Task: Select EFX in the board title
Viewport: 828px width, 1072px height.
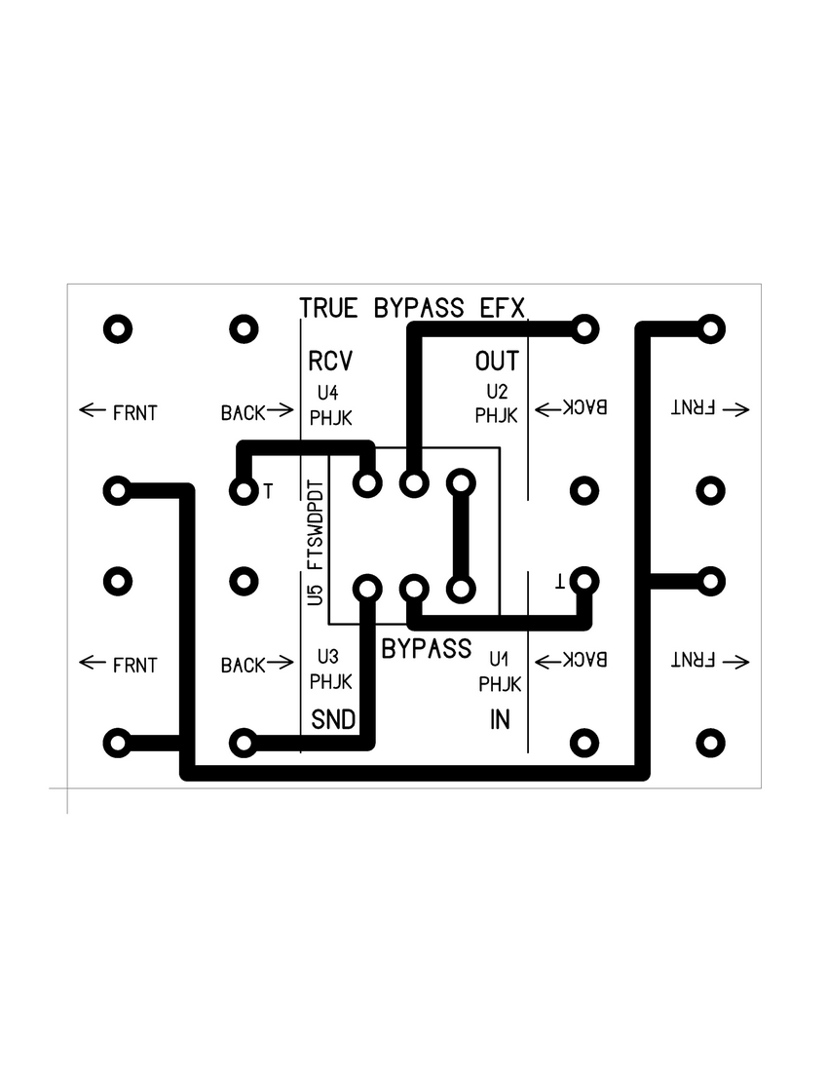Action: point(503,308)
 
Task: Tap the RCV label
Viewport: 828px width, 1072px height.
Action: point(329,362)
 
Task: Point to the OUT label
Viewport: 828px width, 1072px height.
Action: point(497,362)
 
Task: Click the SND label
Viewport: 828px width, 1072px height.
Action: point(331,720)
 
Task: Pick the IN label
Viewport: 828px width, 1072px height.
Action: point(500,720)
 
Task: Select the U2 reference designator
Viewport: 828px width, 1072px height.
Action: point(496,393)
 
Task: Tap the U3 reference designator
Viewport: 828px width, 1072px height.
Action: point(327,656)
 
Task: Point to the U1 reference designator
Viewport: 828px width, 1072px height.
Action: point(499,658)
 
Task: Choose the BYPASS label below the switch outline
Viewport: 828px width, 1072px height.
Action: point(427,648)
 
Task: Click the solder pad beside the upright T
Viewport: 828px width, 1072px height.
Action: point(243,490)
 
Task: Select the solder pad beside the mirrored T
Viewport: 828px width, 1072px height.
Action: point(583,581)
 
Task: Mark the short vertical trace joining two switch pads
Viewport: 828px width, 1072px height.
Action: point(460,536)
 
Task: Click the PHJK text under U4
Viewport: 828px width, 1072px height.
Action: point(330,418)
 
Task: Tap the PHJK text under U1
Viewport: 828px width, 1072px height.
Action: point(500,684)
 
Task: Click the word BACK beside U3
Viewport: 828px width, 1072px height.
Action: point(243,666)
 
